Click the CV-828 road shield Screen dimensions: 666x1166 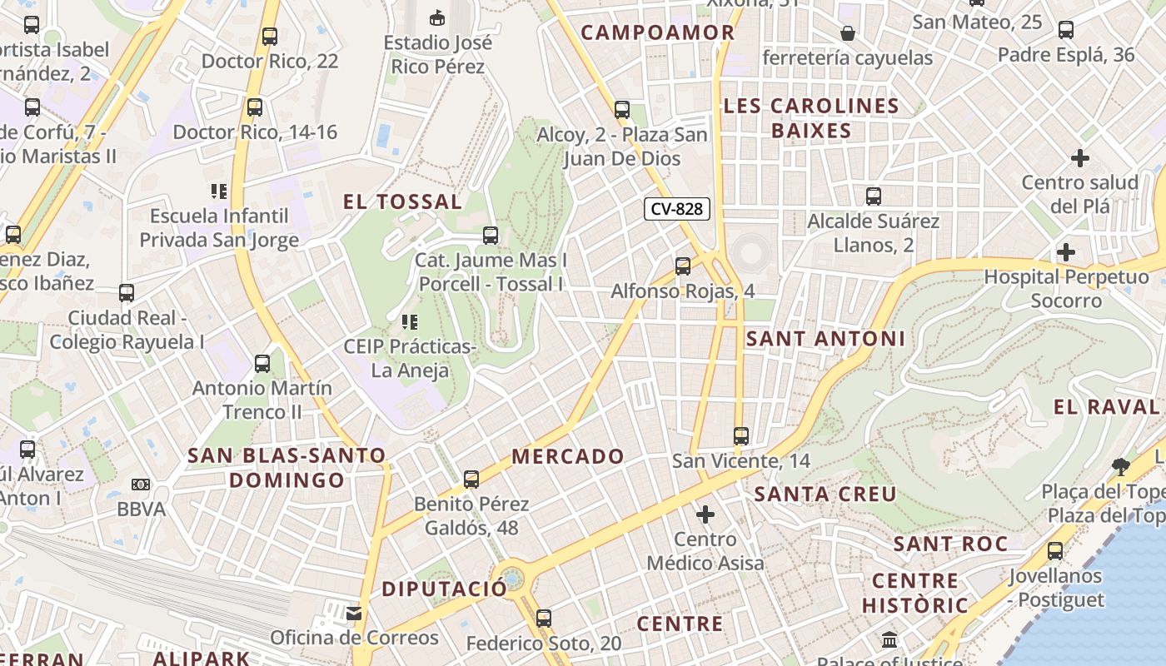tap(677, 209)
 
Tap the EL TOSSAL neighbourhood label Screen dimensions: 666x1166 tap(402, 201)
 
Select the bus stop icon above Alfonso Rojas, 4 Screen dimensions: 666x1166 tap(683, 266)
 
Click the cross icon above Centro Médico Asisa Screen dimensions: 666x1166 tap(705, 514)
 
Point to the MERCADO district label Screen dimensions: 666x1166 tap(567, 456)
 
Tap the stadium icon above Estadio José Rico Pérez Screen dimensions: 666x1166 tap(436, 17)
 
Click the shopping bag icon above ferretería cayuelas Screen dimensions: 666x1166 tap(847, 33)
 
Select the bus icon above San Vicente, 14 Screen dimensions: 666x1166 tap(740, 435)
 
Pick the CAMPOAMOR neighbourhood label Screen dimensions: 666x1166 tap(658, 32)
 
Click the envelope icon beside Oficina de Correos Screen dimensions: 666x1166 tap(354, 614)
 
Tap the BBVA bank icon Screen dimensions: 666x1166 tap(141, 485)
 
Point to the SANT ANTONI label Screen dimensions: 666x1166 tap(825, 339)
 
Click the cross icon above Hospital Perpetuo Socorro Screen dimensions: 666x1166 tap(1065, 252)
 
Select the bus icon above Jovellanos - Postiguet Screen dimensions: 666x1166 tap(1055, 550)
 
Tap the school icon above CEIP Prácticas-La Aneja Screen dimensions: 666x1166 tap(409, 321)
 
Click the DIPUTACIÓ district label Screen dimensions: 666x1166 tap(444, 589)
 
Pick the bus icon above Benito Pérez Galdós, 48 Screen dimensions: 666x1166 tap(471, 479)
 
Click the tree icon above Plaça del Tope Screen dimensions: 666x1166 tap(1121, 466)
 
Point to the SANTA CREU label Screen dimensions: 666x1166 tap(825, 494)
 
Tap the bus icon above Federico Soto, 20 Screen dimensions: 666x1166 tap(544, 619)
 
